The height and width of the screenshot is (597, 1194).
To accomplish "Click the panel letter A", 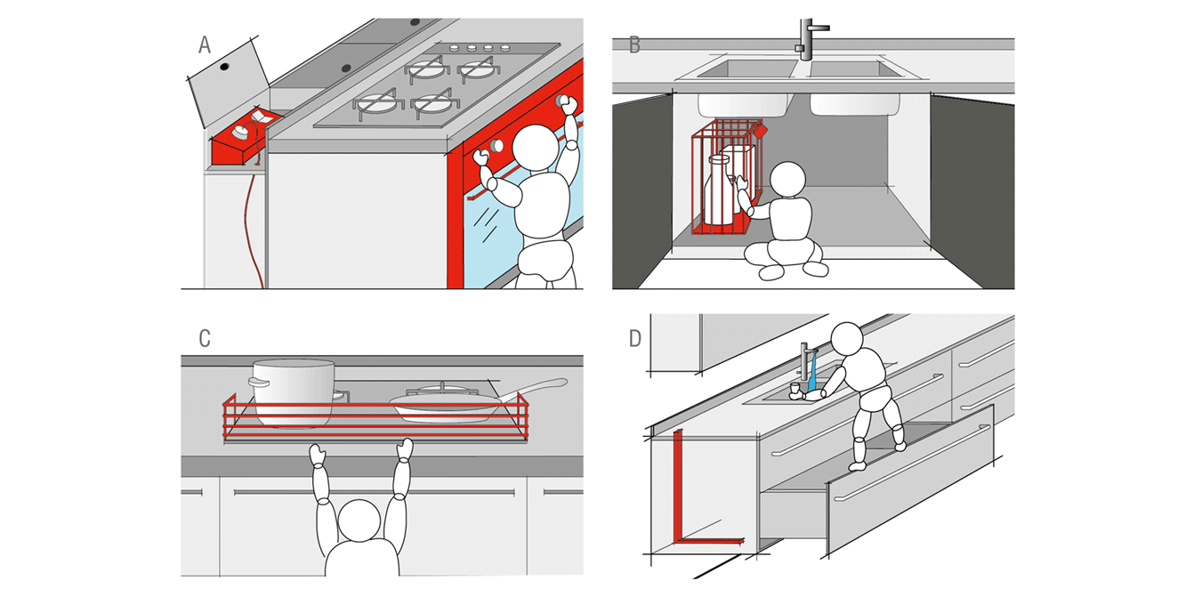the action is point(205,44).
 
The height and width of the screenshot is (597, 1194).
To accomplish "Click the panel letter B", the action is point(634,44).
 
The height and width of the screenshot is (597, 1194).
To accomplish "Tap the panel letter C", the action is point(205,338).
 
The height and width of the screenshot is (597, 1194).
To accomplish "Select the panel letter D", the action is point(635,338).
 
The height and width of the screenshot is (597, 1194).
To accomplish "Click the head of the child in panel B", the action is point(787,180).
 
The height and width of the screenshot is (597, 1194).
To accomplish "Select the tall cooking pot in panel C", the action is point(292,393).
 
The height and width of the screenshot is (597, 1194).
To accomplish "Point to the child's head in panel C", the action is point(359,520).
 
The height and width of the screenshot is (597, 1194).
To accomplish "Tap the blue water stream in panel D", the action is point(812,375).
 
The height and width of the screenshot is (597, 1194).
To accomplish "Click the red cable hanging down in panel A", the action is point(254,224).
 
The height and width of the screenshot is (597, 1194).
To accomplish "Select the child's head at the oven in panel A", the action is point(536,148).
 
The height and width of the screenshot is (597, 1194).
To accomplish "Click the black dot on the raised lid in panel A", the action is point(224,67).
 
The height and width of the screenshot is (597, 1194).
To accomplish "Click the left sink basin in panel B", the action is point(746,69).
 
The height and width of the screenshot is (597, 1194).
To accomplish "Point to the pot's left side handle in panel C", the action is point(257,382).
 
